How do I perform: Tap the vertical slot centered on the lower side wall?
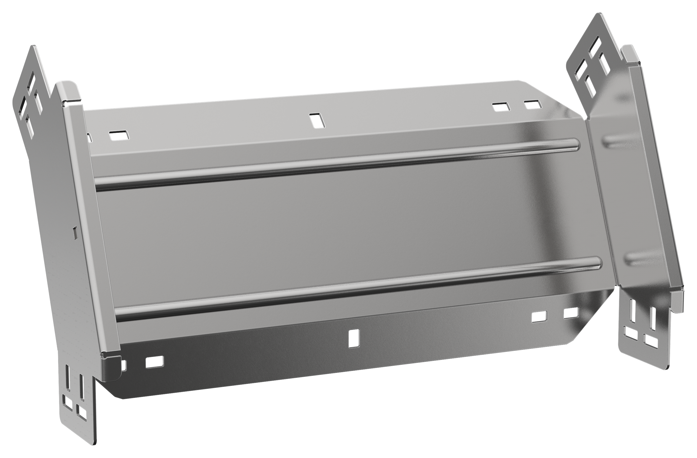coord(354,338)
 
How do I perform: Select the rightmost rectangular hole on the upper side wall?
coord(533,105)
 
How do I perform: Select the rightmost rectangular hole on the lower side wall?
coord(571,313)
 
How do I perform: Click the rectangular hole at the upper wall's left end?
coord(119,135)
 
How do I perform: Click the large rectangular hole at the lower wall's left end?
coord(155,362)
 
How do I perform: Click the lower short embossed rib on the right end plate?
coord(643,258)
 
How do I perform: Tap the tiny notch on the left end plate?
coord(75,232)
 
